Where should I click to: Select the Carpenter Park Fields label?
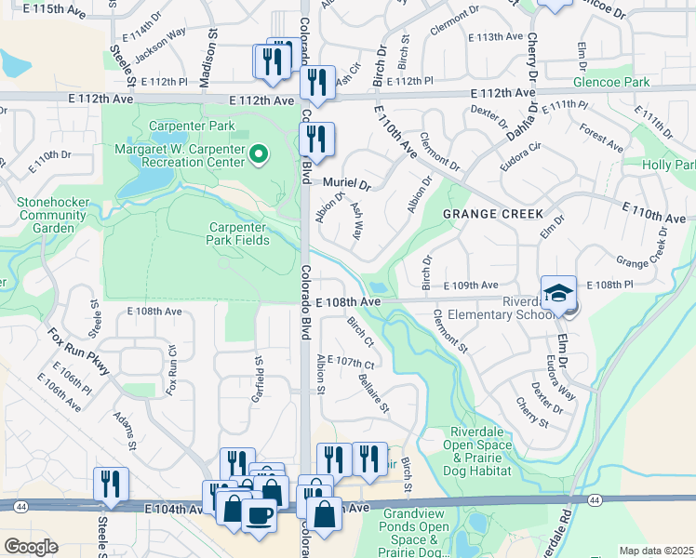click(238, 233)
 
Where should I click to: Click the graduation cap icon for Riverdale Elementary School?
click(558, 292)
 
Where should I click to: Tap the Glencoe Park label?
click(638, 82)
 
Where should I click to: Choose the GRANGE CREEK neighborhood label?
click(492, 214)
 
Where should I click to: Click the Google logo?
click(31, 547)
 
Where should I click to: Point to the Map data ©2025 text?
click(656, 551)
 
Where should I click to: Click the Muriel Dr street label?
click(346, 184)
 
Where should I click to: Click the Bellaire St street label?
click(374, 393)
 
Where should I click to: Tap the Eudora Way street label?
click(560, 377)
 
